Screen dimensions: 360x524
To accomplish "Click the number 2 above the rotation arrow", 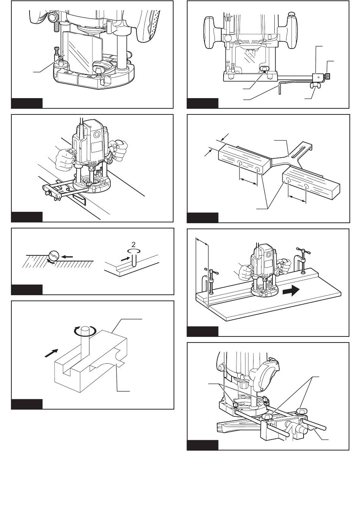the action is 133,244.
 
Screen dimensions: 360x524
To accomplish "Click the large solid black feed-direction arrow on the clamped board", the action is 291,292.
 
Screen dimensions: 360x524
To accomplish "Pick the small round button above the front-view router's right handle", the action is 291,14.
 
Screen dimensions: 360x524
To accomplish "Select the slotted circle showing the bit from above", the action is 54,255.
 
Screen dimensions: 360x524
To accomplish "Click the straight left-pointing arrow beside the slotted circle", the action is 68,257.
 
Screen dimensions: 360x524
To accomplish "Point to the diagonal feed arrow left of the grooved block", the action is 51,353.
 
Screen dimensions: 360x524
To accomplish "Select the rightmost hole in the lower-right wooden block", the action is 306,186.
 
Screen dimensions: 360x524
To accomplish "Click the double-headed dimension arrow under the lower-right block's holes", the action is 297,199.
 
